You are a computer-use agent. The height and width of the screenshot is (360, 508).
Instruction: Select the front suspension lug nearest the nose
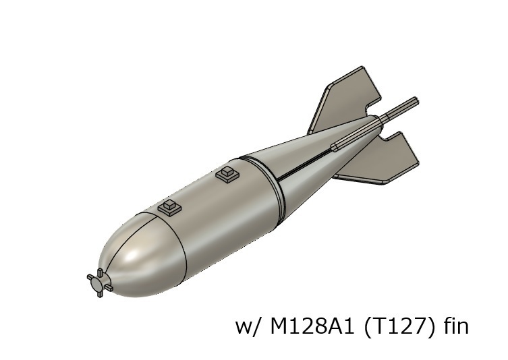coord(171,207)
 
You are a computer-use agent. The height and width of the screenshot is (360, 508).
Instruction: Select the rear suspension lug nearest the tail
coord(228,173)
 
